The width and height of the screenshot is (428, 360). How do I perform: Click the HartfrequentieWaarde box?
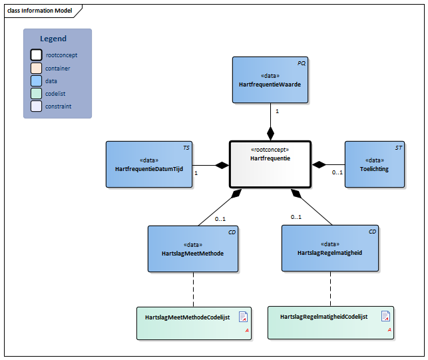click(270, 80)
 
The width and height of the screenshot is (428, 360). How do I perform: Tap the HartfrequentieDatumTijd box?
click(149, 164)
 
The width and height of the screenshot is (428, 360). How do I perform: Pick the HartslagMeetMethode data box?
click(193, 249)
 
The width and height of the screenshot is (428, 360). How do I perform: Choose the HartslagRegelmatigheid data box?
click(329, 248)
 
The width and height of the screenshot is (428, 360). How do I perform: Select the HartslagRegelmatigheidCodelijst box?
click(331, 323)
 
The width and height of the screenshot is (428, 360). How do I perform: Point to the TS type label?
click(186, 147)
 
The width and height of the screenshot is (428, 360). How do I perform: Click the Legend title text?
click(53, 39)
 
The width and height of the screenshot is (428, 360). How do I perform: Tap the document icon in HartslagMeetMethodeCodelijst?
click(244, 317)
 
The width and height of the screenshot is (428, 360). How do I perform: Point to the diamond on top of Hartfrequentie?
click(270, 132)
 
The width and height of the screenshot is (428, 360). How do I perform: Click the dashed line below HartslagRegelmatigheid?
click(331, 289)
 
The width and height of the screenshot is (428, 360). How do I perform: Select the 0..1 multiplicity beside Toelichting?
click(337, 173)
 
